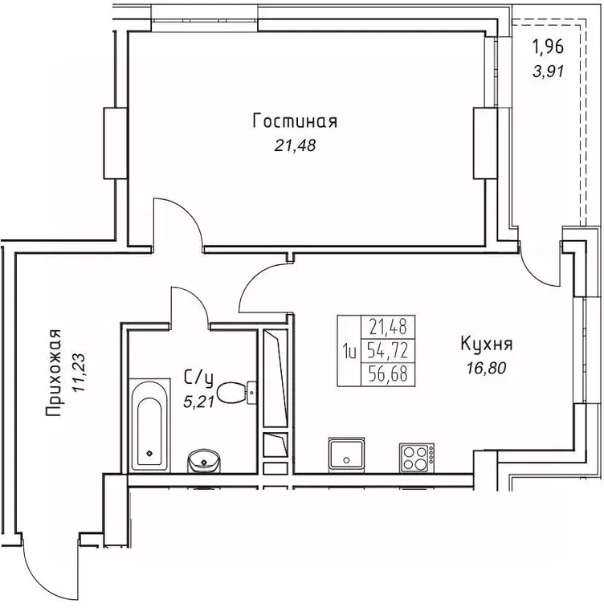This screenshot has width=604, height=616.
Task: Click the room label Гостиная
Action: point(295,121)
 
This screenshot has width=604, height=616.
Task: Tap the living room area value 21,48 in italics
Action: point(295,145)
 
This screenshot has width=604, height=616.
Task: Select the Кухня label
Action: point(487,345)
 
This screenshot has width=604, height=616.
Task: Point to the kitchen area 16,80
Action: point(487,369)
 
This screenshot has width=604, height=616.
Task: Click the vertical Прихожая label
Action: point(54,373)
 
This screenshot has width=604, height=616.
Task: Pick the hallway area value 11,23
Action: point(79,373)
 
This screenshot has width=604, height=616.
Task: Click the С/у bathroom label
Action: point(199,378)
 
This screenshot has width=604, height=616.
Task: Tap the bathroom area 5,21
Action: point(198,402)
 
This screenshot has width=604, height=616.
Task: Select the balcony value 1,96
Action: point(548,47)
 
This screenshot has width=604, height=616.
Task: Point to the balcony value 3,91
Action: point(549,71)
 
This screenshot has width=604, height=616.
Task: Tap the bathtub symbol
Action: point(149,425)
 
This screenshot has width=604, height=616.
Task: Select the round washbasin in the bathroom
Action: point(203,461)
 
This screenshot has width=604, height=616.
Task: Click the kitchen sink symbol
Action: point(346,455)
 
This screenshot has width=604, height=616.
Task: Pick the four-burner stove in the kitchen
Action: point(417,458)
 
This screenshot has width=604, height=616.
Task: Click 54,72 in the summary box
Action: point(387,350)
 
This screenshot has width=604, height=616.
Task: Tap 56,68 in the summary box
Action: point(387,373)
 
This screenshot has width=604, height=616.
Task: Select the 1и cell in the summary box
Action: point(349,350)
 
